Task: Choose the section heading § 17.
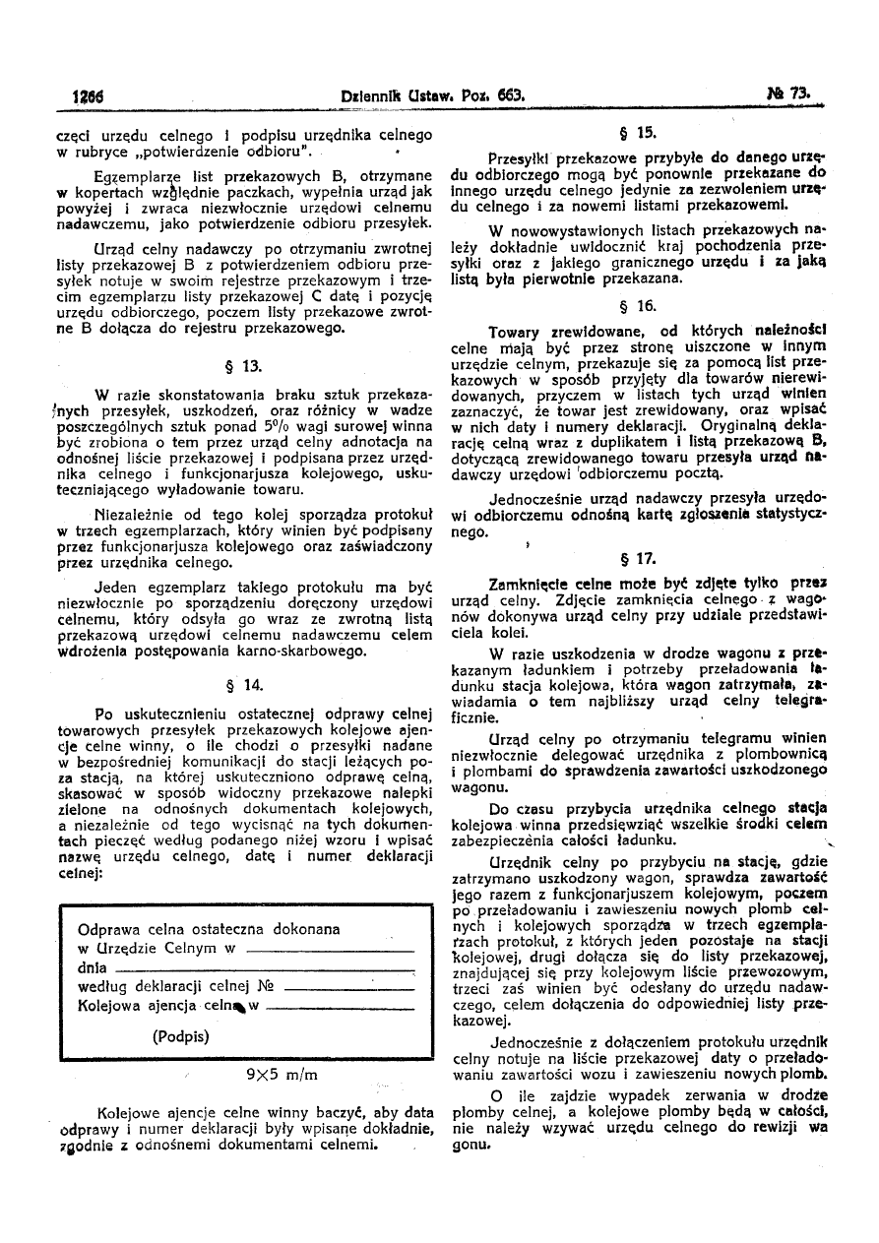(647, 558)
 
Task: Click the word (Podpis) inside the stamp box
(181, 1036)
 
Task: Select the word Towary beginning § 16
(518, 332)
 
